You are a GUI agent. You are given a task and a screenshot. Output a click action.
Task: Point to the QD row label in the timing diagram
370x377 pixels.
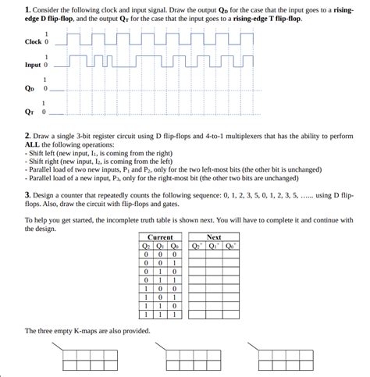pos(30,88)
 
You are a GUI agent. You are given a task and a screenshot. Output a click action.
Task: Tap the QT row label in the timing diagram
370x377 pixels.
pos(30,112)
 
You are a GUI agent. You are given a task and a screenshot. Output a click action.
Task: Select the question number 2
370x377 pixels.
pos(27,136)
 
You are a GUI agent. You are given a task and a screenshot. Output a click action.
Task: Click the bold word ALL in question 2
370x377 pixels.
pos(34,145)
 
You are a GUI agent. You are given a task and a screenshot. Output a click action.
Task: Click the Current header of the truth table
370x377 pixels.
pos(159,237)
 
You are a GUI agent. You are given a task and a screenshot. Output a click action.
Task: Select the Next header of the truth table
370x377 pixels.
pos(213,237)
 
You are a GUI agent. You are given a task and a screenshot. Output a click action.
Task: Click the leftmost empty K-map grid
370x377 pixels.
pos(87,360)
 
